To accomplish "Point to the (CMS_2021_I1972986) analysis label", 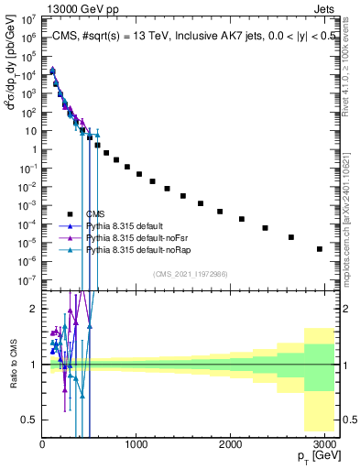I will [x=191, y=274].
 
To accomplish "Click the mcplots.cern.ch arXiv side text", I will [x=351, y=220].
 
